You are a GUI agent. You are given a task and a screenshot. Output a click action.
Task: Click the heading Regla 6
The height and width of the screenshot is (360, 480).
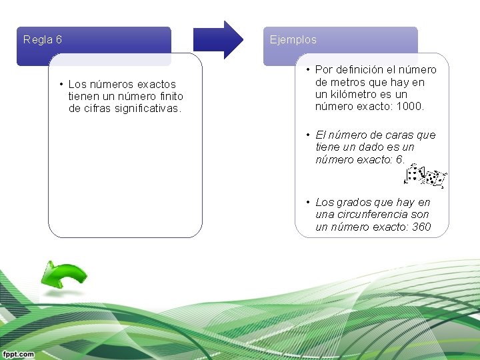(x=43, y=40)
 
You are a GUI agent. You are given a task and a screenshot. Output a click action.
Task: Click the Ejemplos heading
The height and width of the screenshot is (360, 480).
(x=293, y=40)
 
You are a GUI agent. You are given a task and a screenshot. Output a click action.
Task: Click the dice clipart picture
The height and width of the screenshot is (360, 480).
(x=425, y=176)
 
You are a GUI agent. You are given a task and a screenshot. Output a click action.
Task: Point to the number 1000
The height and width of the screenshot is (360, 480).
(x=409, y=107)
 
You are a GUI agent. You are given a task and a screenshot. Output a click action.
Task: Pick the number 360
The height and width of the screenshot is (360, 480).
(x=421, y=227)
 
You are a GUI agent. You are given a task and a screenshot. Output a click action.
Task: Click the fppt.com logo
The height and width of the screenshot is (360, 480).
(x=18, y=354)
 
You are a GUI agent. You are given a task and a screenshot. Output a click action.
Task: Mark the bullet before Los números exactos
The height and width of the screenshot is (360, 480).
(x=61, y=85)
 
